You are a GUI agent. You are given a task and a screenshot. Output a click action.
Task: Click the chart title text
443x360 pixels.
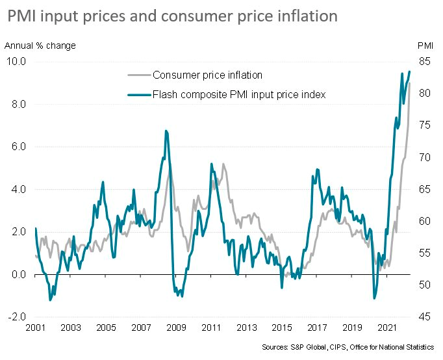[172, 16]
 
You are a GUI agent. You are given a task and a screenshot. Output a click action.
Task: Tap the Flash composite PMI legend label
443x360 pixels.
[238, 95]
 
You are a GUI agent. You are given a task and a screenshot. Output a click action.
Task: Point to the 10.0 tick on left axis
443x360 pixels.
[17, 62]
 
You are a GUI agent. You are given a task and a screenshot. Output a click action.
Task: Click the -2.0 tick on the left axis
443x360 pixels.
[16, 317]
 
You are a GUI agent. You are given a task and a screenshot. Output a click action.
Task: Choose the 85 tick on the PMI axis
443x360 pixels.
[425, 62]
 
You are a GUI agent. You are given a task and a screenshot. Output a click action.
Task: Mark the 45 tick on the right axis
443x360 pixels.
[425, 317]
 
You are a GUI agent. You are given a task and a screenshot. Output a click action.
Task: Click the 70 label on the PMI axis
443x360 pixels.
[425, 157]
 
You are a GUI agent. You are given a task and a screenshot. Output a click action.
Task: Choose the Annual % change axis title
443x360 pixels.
[40, 45]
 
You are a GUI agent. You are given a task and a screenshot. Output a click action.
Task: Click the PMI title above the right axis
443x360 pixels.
[425, 45]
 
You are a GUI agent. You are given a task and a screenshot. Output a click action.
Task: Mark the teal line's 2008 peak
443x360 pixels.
[166, 131]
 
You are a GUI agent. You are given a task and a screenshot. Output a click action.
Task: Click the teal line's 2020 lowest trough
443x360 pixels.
[375, 298]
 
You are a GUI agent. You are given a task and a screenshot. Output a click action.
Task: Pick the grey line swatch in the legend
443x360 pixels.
[138, 75]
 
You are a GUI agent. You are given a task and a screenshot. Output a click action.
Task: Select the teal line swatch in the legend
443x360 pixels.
[138, 95]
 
